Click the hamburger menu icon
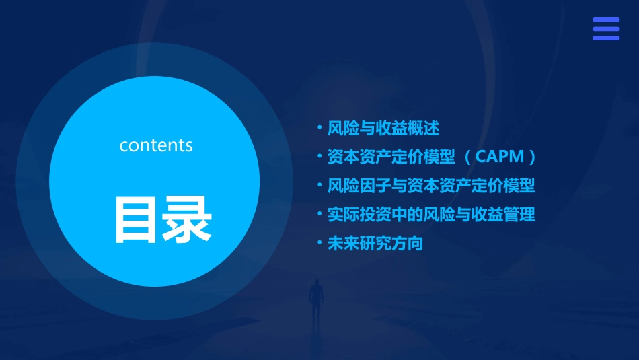click(x=605, y=29)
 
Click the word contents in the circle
click(x=156, y=145)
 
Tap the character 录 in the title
click(x=184, y=220)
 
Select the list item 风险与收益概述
click(x=383, y=127)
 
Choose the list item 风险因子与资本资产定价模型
click(x=430, y=185)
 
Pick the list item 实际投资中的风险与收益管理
click(x=430, y=215)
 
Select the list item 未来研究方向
click(x=375, y=244)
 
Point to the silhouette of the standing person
click(x=315, y=301)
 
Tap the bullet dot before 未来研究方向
click(x=319, y=243)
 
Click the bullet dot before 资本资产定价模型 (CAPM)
click(x=319, y=156)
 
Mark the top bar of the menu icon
click(x=605, y=20)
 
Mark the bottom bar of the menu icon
click(x=605, y=38)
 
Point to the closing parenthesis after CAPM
click(x=533, y=157)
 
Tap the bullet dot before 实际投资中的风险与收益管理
click(x=319, y=214)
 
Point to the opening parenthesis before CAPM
click(x=467, y=157)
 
